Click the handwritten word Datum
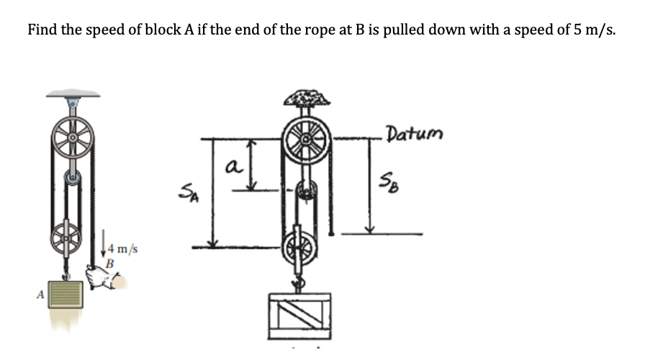415,134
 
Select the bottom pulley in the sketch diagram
302,246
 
